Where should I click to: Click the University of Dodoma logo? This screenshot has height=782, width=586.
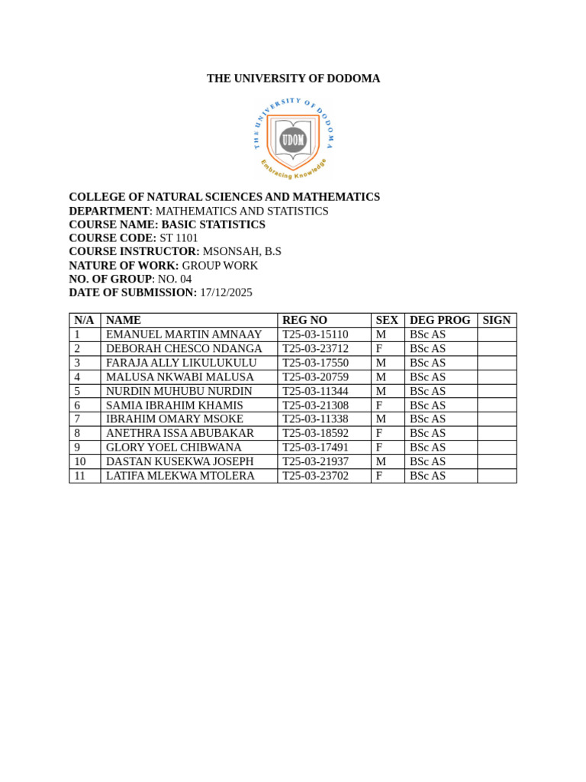point(293,138)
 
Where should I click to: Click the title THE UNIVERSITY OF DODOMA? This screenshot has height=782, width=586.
point(293,79)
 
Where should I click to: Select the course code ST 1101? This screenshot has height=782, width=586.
point(179,238)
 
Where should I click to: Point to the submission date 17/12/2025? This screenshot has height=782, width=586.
point(226,292)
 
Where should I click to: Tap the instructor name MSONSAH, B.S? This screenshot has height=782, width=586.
point(242,251)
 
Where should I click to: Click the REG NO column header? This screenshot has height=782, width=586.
point(304,321)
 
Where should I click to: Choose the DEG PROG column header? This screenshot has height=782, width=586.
point(440,321)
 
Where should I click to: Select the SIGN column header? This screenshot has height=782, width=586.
point(497,321)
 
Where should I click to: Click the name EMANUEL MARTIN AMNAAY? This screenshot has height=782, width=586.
point(184,334)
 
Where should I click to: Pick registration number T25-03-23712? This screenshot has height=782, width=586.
point(315,349)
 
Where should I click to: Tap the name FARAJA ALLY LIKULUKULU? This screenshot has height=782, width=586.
point(181,363)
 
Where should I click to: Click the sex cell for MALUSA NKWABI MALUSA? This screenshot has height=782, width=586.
point(381,377)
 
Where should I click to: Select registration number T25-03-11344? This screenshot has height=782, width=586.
point(315,391)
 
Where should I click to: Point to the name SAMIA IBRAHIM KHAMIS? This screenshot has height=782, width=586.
point(175,406)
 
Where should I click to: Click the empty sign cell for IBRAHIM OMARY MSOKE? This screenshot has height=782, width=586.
point(497,419)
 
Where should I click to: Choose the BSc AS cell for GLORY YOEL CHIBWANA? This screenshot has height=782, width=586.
point(428,448)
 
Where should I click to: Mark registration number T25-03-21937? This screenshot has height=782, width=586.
point(315,462)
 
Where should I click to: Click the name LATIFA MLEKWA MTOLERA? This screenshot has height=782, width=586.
point(180,476)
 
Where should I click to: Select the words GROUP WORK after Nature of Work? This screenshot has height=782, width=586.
point(220,266)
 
